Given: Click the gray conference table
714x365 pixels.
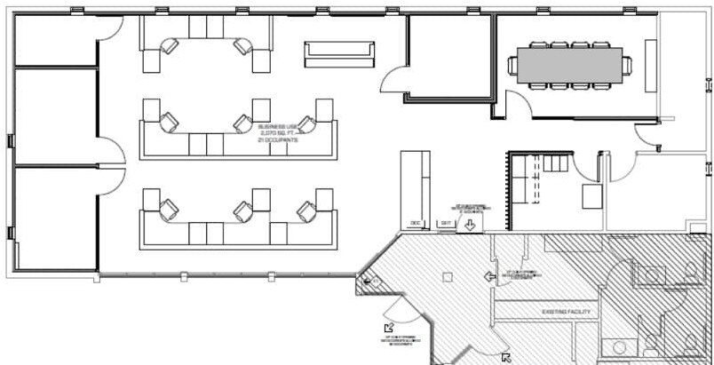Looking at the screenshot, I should pyautogui.click(x=568, y=65).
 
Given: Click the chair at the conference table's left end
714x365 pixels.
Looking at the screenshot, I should pyautogui.click(x=512, y=65).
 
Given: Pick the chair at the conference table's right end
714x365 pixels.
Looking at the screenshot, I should pyautogui.click(x=626, y=65).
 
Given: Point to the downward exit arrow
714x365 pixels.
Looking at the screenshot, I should pyautogui.click(x=469, y=225).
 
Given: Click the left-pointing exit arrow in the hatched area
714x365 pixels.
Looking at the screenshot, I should pyautogui.click(x=488, y=277).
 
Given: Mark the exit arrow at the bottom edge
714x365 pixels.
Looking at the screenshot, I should pyautogui.click(x=505, y=358).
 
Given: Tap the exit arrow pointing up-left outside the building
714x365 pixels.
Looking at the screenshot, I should pyautogui.click(x=388, y=329).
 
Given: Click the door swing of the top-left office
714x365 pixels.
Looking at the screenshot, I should pyautogui.click(x=110, y=28).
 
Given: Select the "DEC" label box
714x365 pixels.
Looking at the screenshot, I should pyautogui.click(x=414, y=223).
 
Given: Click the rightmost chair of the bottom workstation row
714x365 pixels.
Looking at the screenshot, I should pyautogui.click(x=306, y=210).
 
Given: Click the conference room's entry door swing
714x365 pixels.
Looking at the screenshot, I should pyautogui.click(x=648, y=133).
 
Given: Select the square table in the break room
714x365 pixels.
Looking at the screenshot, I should pyautogui.click(x=591, y=194).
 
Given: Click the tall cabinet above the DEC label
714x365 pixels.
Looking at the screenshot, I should pyautogui.click(x=415, y=183).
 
